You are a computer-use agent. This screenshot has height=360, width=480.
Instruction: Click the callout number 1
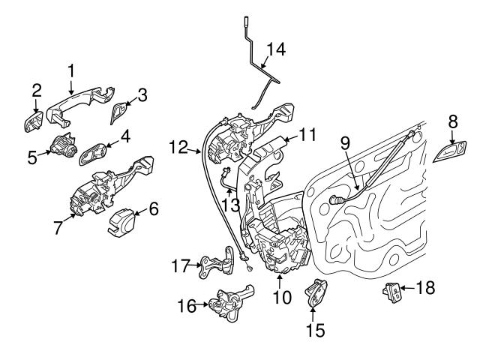pos(71,70)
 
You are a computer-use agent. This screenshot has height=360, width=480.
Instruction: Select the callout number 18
pos(424,287)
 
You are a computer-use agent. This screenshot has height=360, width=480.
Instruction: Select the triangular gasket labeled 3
pos(118,112)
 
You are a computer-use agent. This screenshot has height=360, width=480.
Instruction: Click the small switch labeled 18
pos(392,291)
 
